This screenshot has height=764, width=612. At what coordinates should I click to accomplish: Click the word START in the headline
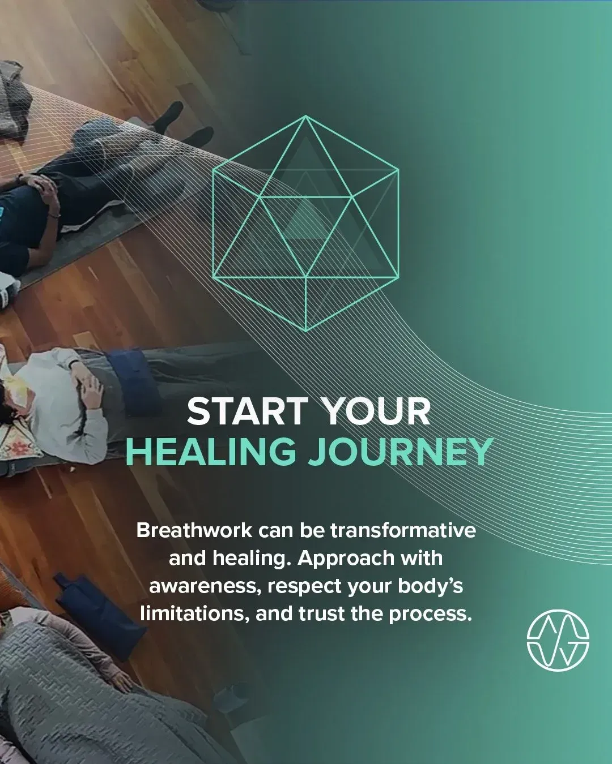point(247,412)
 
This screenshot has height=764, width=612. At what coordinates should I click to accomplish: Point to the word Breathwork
point(194,531)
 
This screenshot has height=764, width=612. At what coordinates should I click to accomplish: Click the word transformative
point(403,531)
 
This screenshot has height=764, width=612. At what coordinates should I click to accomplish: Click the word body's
point(430,586)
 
